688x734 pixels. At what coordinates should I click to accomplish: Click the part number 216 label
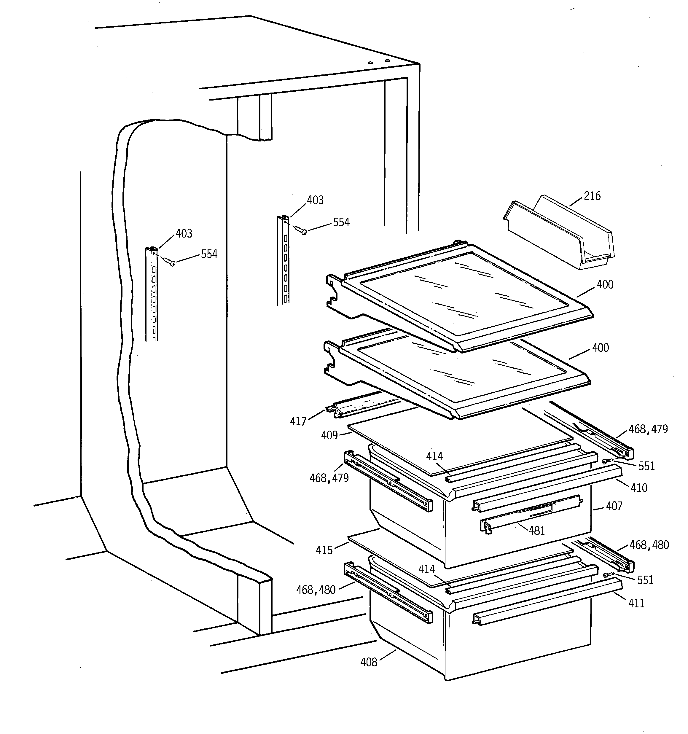592,196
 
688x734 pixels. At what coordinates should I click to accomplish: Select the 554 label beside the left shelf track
209,254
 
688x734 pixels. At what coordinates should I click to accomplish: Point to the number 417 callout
298,421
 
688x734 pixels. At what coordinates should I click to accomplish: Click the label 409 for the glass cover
329,435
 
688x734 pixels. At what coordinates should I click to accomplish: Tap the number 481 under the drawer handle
536,531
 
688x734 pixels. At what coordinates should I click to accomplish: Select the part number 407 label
614,506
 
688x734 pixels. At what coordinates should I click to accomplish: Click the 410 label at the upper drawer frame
639,488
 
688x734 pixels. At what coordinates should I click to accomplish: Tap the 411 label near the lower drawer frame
636,603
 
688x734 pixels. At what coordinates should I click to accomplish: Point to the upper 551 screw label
646,466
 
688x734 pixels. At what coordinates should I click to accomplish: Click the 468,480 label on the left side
316,590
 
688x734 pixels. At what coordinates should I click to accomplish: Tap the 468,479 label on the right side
648,429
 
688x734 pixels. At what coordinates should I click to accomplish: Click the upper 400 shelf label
605,284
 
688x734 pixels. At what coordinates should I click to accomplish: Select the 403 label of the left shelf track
184,233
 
